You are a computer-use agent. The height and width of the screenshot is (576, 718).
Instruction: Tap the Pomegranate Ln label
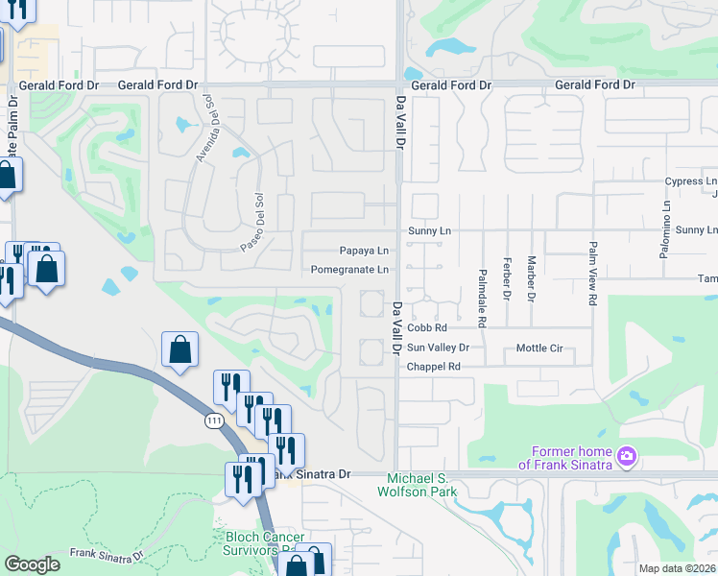[349, 270]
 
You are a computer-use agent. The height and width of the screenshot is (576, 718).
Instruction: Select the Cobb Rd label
[427, 328]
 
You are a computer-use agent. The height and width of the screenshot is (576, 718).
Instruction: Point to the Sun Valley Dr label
[438, 348]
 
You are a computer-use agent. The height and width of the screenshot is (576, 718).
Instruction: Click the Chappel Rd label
[434, 367]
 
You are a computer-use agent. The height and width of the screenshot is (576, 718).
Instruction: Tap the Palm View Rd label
[592, 273]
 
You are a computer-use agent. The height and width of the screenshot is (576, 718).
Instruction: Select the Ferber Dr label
[506, 277]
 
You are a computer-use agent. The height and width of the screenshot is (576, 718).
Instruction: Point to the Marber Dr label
[530, 277]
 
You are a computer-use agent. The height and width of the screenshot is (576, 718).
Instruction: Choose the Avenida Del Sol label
[204, 130]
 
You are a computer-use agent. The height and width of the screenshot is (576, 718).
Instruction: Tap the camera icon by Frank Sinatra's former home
[626, 455]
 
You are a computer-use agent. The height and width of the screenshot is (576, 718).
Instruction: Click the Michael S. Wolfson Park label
[431, 486]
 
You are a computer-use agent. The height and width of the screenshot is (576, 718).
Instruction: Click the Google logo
[32, 564]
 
